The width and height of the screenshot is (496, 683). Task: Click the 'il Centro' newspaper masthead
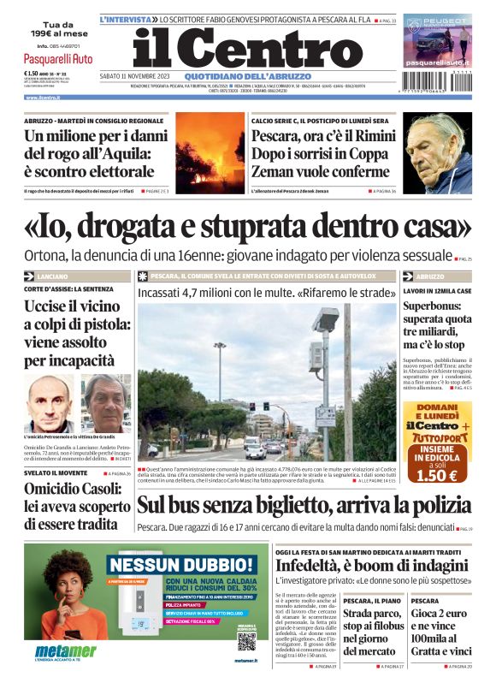[236, 49]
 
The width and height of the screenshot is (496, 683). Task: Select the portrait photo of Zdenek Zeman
[437, 151]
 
